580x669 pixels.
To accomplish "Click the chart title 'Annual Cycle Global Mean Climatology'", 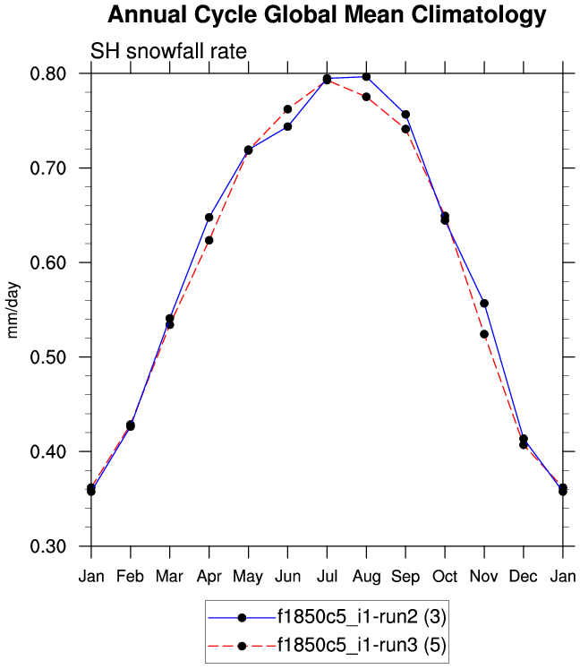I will [326, 15].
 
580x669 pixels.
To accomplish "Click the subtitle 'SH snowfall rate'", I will [168, 51].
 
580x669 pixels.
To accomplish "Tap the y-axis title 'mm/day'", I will [13, 310].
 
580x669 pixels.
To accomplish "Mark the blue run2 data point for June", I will [287, 126].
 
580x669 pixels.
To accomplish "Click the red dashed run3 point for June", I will [287, 109].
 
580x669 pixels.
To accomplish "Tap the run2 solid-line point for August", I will [366, 77].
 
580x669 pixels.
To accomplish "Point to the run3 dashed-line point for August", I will [366, 97].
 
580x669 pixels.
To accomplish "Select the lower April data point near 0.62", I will [209, 240].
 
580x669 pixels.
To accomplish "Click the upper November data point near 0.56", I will [484, 303].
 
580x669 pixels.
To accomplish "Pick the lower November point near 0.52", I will [484, 334].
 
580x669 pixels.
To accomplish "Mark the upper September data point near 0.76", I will [405, 114].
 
